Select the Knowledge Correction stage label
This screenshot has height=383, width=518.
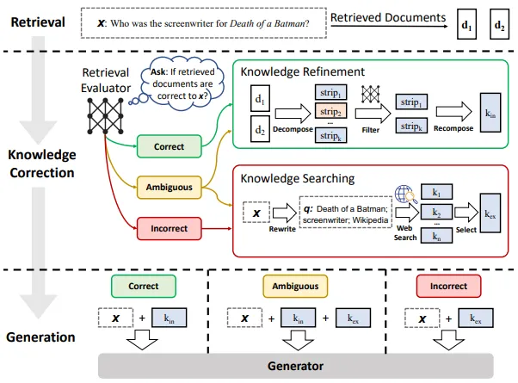point(40,164)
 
